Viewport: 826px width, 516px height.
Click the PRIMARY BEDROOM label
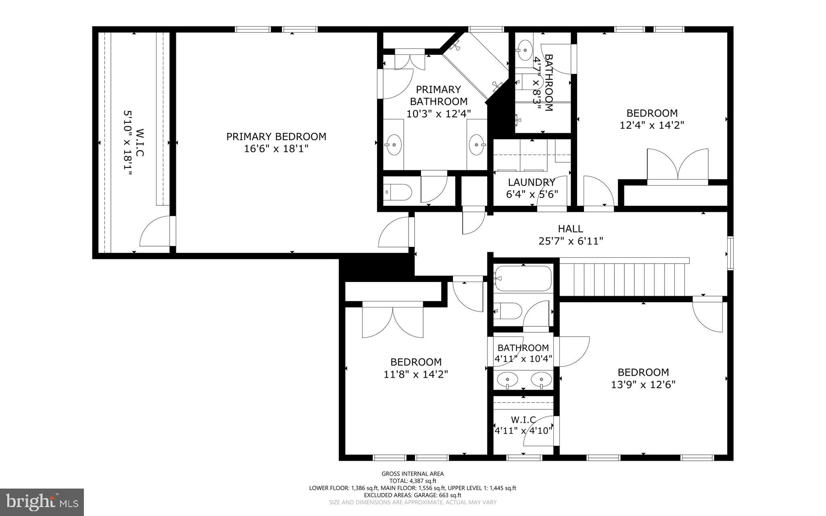[276, 137]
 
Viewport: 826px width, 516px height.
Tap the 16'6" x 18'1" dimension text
[276, 149]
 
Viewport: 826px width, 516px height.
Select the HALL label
[570, 229]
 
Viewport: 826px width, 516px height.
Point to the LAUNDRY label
[532, 182]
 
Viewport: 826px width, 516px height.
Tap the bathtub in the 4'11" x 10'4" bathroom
[523, 278]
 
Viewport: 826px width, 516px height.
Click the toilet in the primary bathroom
[398, 192]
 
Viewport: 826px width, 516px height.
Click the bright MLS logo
[42, 502]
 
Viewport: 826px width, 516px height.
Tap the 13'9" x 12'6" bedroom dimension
[643, 384]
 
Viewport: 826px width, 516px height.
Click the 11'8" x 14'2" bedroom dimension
[416, 374]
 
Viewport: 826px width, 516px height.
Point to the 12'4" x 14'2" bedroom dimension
[652, 125]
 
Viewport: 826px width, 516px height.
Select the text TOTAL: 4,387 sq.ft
[413, 481]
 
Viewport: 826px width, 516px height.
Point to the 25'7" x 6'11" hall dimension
[570, 241]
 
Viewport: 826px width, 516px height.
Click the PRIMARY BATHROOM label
[438, 95]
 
